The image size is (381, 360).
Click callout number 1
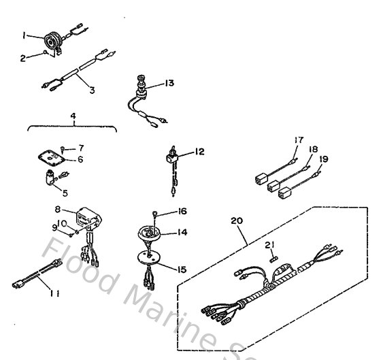click(24, 34)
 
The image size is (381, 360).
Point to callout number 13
click(169, 83)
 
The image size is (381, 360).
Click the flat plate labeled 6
click(49, 160)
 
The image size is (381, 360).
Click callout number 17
click(298, 141)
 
